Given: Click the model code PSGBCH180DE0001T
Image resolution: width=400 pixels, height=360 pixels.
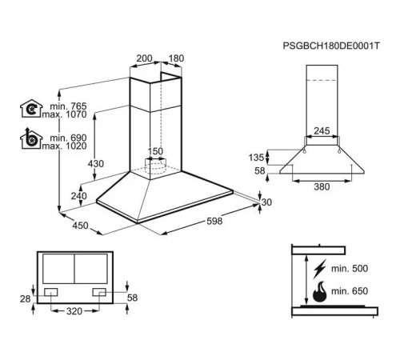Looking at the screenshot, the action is pyautogui.click(x=331, y=46).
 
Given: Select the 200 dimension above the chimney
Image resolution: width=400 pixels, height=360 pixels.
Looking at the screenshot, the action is pyautogui.click(x=144, y=58).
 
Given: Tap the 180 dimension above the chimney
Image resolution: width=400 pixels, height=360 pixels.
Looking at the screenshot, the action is pyautogui.click(x=176, y=58).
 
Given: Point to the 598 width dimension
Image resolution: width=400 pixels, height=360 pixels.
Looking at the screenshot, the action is pyautogui.click(x=214, y=221).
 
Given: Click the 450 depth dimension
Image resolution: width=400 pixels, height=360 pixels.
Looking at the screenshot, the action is pyautogui.click(x=80, y=226).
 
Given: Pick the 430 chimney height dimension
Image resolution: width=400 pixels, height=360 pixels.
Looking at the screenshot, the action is pyautogui.click(x=96, y=163).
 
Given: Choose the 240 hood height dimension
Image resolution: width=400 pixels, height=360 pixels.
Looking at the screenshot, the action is pyautogui.click(x=78, y=196).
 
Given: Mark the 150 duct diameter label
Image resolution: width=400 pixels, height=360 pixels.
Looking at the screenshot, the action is pyautogui.click(x=155, y=151).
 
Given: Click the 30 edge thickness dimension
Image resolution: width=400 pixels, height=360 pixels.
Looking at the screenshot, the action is pyautogui.click(x=266, y=202).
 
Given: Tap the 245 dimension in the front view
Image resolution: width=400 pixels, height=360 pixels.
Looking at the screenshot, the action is pyautogui.click(x=322, y=130).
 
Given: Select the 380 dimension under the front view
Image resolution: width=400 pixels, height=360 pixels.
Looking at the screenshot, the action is pyautogui.click(x=322, y=186).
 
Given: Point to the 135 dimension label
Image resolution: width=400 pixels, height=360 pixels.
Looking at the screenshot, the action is pyautogui.click(x=256, y=158).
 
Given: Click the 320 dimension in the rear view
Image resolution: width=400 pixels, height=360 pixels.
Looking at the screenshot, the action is pyautogui.click(x=74, y=311).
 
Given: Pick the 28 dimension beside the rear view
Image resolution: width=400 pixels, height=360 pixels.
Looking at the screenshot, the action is pyautogui.click(x=25, y=298).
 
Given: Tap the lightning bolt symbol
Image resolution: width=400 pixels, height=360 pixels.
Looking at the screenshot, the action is pyautogui.click(x=319, y=269).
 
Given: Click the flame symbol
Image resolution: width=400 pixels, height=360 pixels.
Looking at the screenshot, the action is pyautogui.click(x=319, y=292).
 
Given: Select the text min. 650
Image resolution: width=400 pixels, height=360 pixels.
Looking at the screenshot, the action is pyautogui.click(x=350, y=291).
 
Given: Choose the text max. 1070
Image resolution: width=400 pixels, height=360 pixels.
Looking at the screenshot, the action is pyautogui.click(x=64, y=114).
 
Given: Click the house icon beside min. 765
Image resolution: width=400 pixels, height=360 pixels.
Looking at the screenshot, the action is pyautogui.click(x=31, y=109).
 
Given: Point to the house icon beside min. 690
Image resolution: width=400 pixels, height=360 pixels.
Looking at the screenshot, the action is pyautogui.click(x=31, y=138).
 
